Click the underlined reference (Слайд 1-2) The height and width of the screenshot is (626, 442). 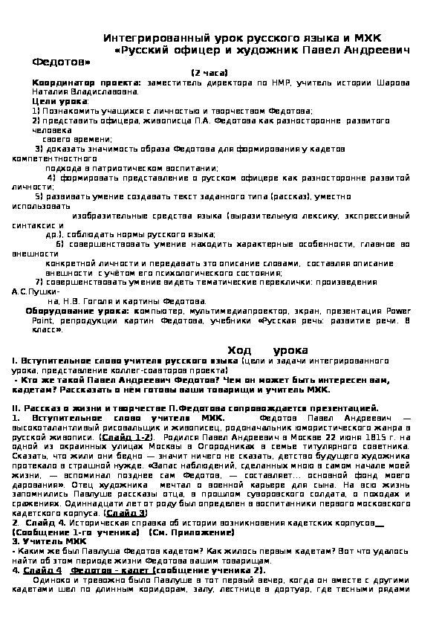point(129,438)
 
